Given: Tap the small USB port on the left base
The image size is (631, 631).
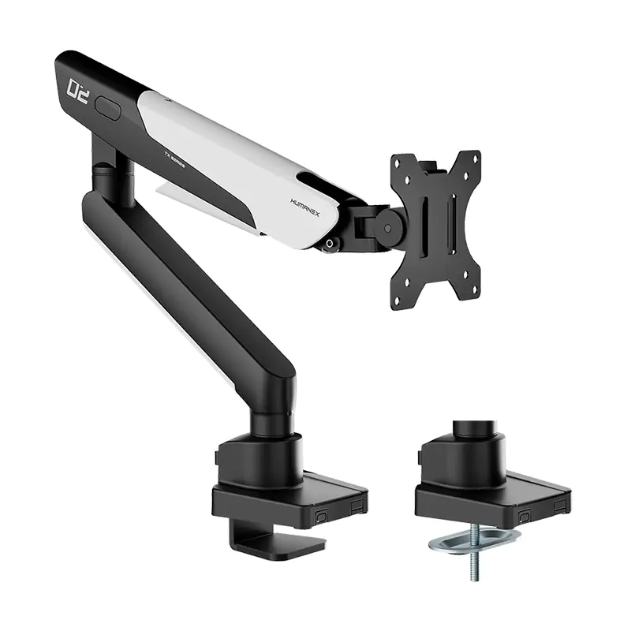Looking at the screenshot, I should click(321, 514).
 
